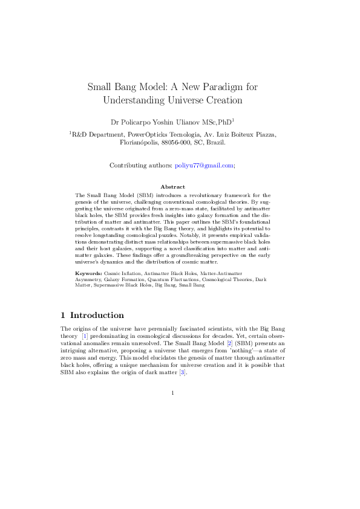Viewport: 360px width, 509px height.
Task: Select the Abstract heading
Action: point(172,187)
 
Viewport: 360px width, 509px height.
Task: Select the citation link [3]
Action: point(183,372)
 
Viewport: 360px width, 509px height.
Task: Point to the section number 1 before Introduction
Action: point(64,315)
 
